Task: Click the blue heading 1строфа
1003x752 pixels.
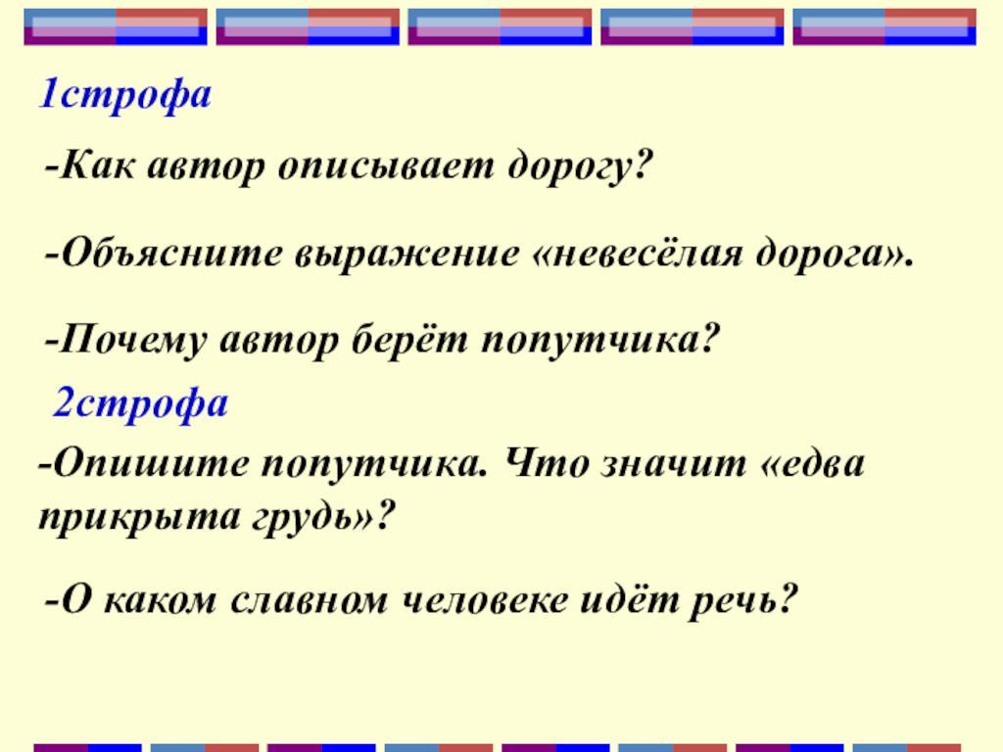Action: pyautogui.click(x=124, y=95)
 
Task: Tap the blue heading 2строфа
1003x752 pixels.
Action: pyautogui.click(x=140, y=402)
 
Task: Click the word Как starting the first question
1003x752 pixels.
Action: pyautogui.click(x=95, y=167)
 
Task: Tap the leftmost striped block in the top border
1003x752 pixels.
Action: pyautogui.click(x=116, y=26)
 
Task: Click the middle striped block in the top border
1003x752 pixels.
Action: pyautogui.click(x=500, y=26)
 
